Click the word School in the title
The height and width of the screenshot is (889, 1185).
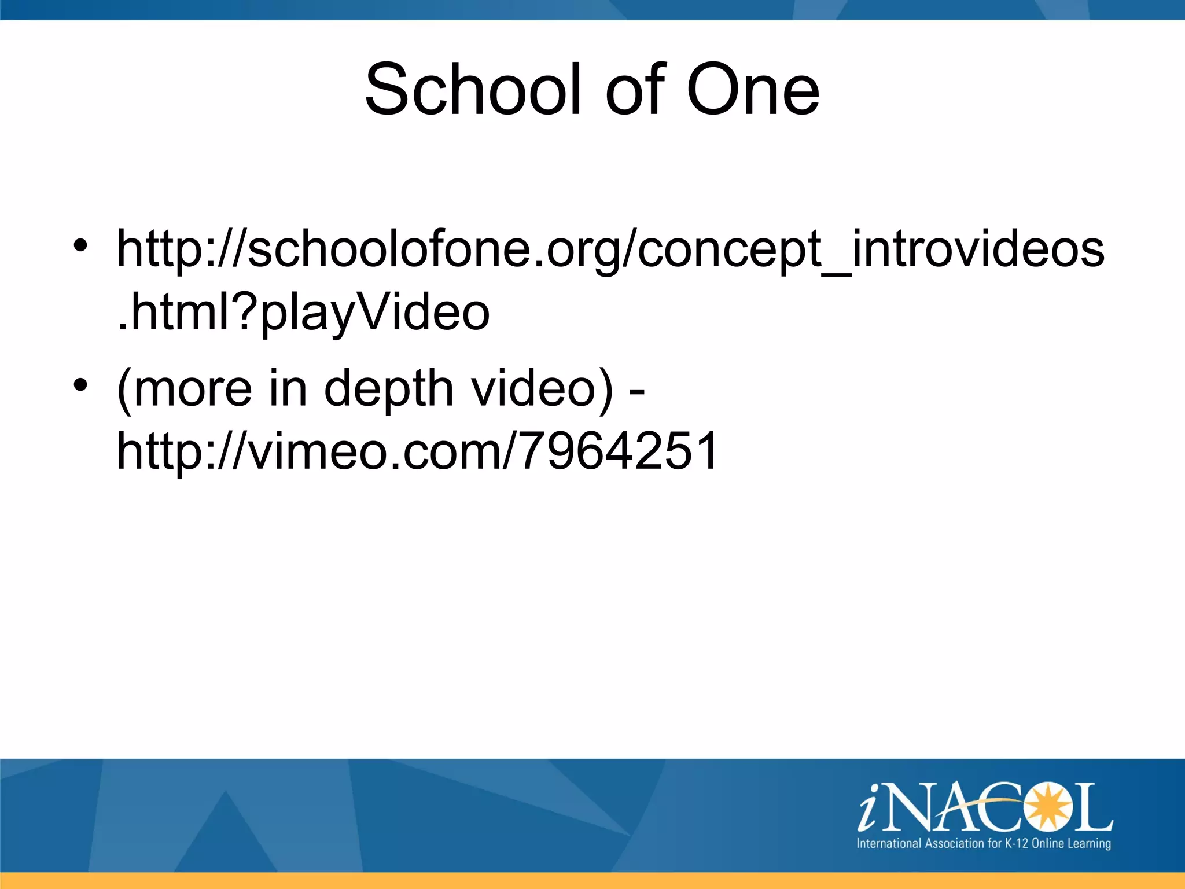pyautogui.click(x=472, y=90)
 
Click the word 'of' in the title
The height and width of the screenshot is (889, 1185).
pyautogui.click(x=636, y=90)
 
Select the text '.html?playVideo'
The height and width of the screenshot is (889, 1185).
pyautogui.click(x=303, y=313)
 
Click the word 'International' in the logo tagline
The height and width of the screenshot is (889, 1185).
pyautogui.click(x=889, y=843)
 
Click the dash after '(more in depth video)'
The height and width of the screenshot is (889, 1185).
pyautogui.click(x=636, y=392)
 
